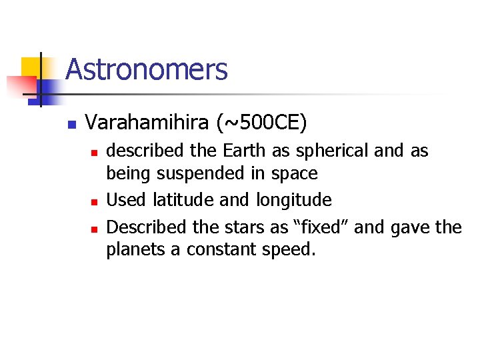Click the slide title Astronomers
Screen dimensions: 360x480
tap(147, 69)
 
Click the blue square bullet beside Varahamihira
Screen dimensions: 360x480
tap(72, 124)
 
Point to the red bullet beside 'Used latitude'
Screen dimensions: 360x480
tap(95, 201)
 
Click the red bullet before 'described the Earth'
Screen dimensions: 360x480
tap(95, 153)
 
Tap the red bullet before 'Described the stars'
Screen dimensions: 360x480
tap(95, 229)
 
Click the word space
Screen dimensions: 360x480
tap(295, 174)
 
